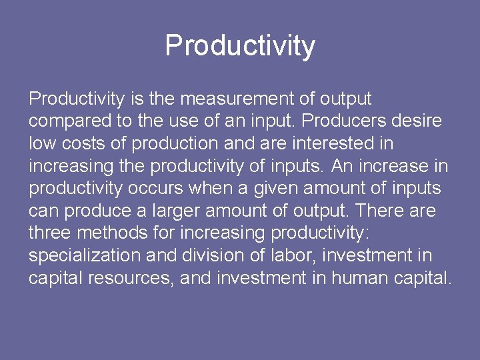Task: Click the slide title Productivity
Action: [x=240, y=46]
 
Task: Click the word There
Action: [x=379, y=211]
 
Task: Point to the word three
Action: [x=50, y=233]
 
